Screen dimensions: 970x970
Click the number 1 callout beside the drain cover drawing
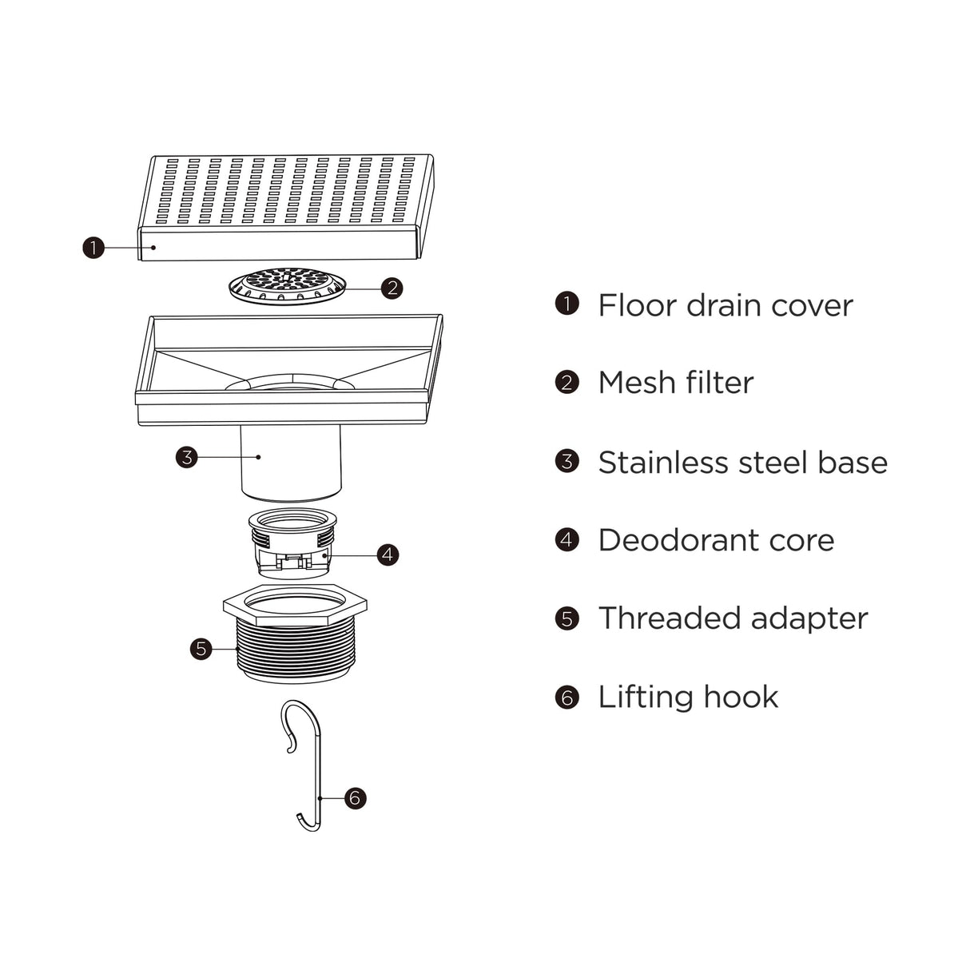pos(93,248)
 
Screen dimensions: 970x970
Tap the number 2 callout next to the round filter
pos(392,288)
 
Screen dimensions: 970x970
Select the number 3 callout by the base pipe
pos(186,457)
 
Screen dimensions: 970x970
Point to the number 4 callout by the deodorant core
pos(388,554)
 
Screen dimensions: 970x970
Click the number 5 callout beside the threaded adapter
pos(201,648)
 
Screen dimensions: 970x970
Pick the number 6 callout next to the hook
pos(356,797)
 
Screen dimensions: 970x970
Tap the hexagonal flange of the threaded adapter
pos(295,604)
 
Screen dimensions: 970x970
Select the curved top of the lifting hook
pos(300,708)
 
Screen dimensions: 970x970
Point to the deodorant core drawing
pos(292,543)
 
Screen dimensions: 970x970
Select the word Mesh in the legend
pos(636,383)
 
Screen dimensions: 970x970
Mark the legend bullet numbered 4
pos(566,539)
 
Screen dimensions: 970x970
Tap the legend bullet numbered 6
pos(566,697)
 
